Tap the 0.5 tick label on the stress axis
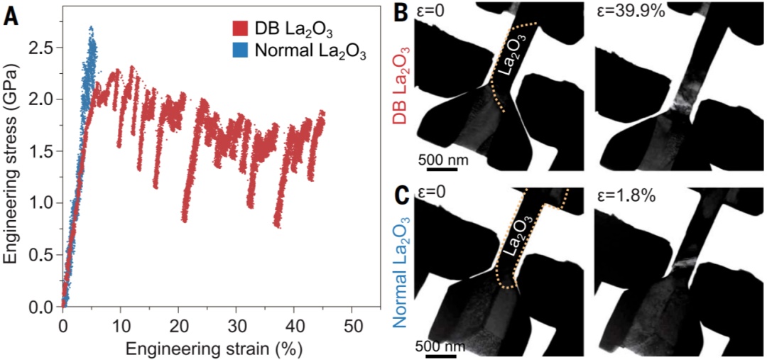coord(42,255)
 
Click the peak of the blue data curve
coord(91,28)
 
